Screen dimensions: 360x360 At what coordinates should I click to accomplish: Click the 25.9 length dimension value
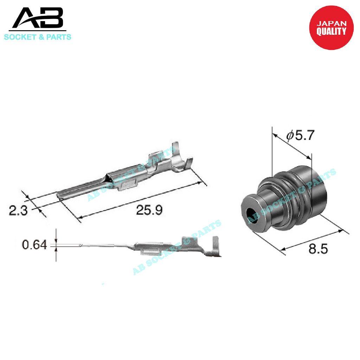click(149, 210)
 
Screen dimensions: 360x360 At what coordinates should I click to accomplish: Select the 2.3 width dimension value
click(18, 210)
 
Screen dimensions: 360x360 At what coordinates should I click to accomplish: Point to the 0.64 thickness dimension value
click(34, 245)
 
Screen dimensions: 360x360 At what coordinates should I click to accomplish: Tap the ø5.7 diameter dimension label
click(300, 135)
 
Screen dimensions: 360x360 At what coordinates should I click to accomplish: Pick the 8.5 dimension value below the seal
click(318, 249)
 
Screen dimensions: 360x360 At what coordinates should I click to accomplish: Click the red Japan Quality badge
click(331, 28)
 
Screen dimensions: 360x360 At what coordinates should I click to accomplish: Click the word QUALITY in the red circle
click(331, 31)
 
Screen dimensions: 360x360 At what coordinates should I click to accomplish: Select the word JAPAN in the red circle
click(332, 23)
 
